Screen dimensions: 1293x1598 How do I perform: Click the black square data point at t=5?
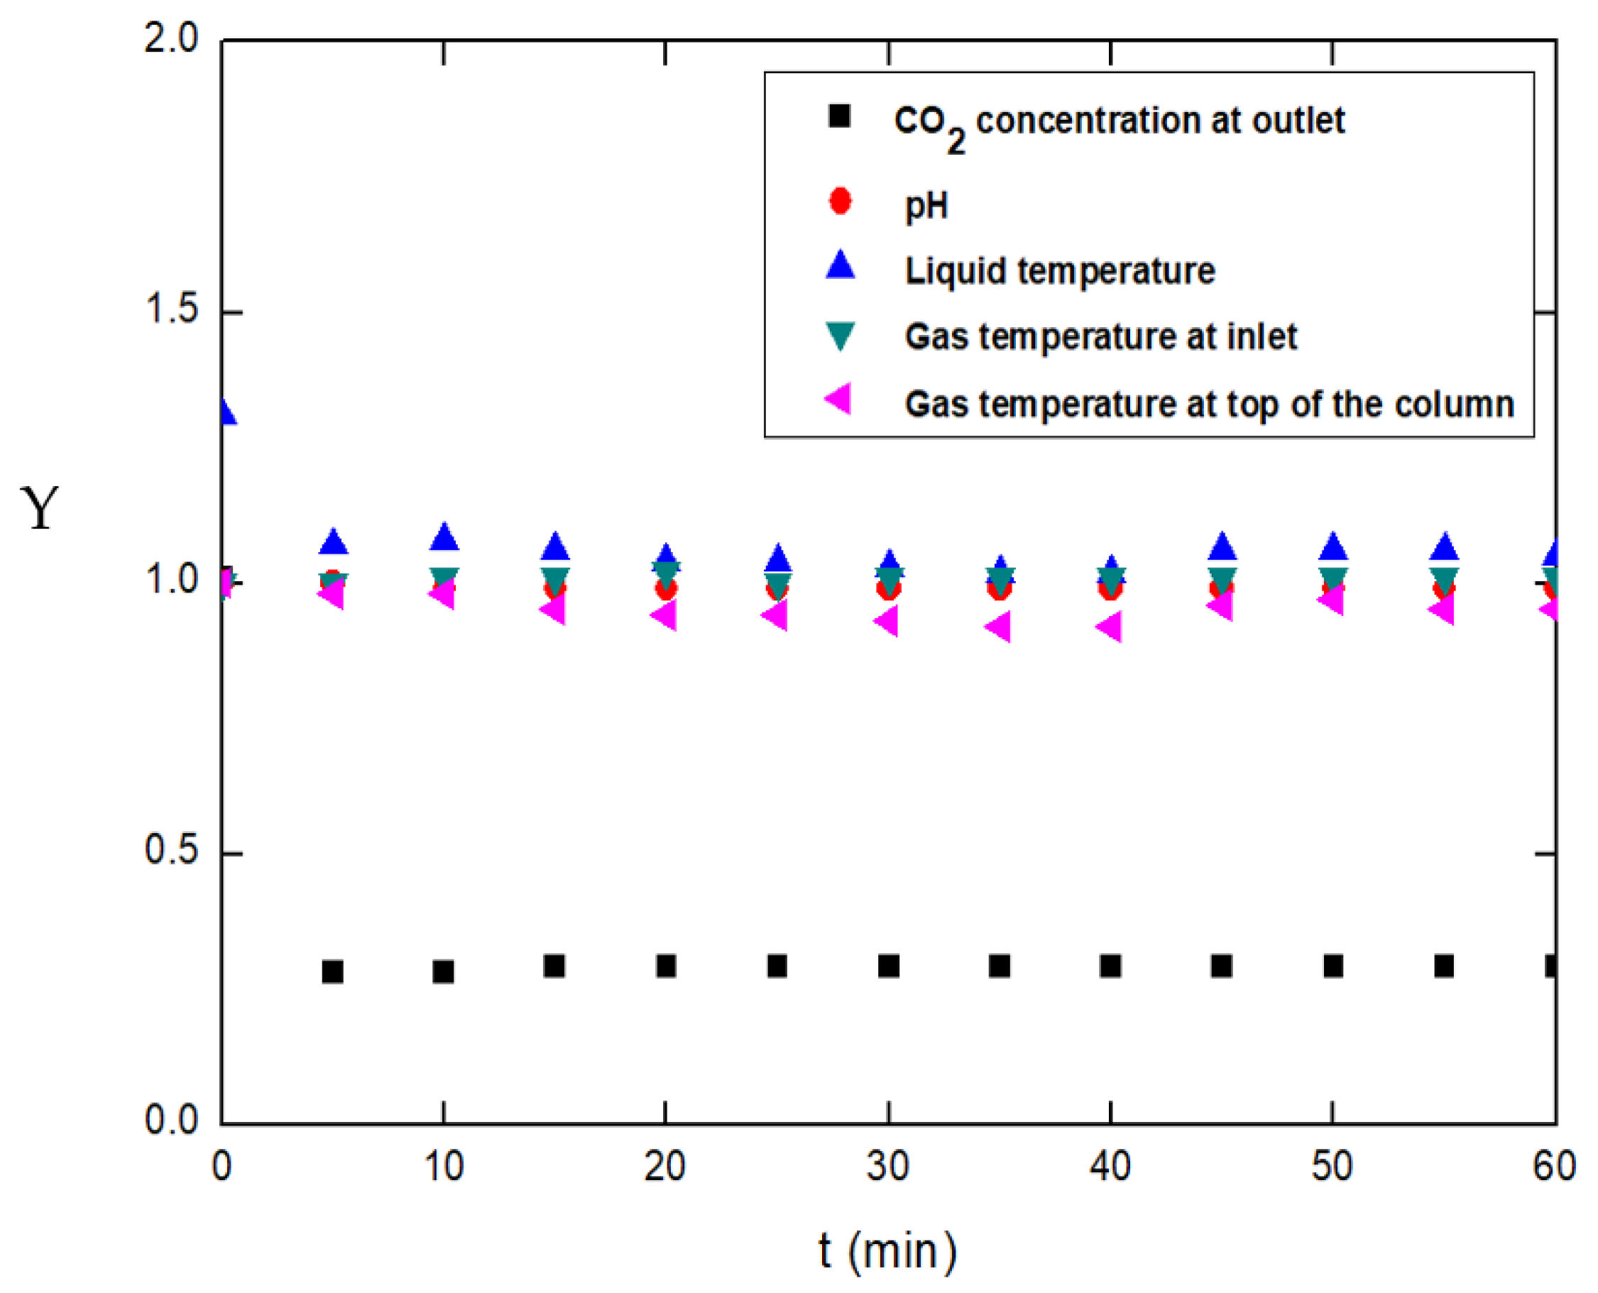[x=332, y=972]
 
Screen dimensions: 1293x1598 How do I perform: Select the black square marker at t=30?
[x=888, y=966]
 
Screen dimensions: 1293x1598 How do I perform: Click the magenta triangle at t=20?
[x=664, y=615]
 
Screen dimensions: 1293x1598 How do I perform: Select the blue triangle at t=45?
[x=1221, y=547]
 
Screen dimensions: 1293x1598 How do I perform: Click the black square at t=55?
[x=1444, y=966]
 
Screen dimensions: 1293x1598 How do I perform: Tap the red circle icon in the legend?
[x=841, y=201]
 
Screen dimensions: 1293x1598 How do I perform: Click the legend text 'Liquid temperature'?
[x=1059, y=270]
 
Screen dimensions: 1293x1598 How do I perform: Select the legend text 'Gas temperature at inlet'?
[x=1100, y=336]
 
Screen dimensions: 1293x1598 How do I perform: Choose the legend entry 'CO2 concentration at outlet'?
[x=1119, y=122]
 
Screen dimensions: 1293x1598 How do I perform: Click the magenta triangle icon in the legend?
[x=839, y=400]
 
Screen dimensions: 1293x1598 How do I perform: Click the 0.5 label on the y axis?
[x=172, y=850]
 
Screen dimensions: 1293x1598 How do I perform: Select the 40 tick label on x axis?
[x=1110, y=1167]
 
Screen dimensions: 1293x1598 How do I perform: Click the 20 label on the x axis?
[x=664, y=1167]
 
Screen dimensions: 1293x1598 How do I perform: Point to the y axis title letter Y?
[x=40, y=508]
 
